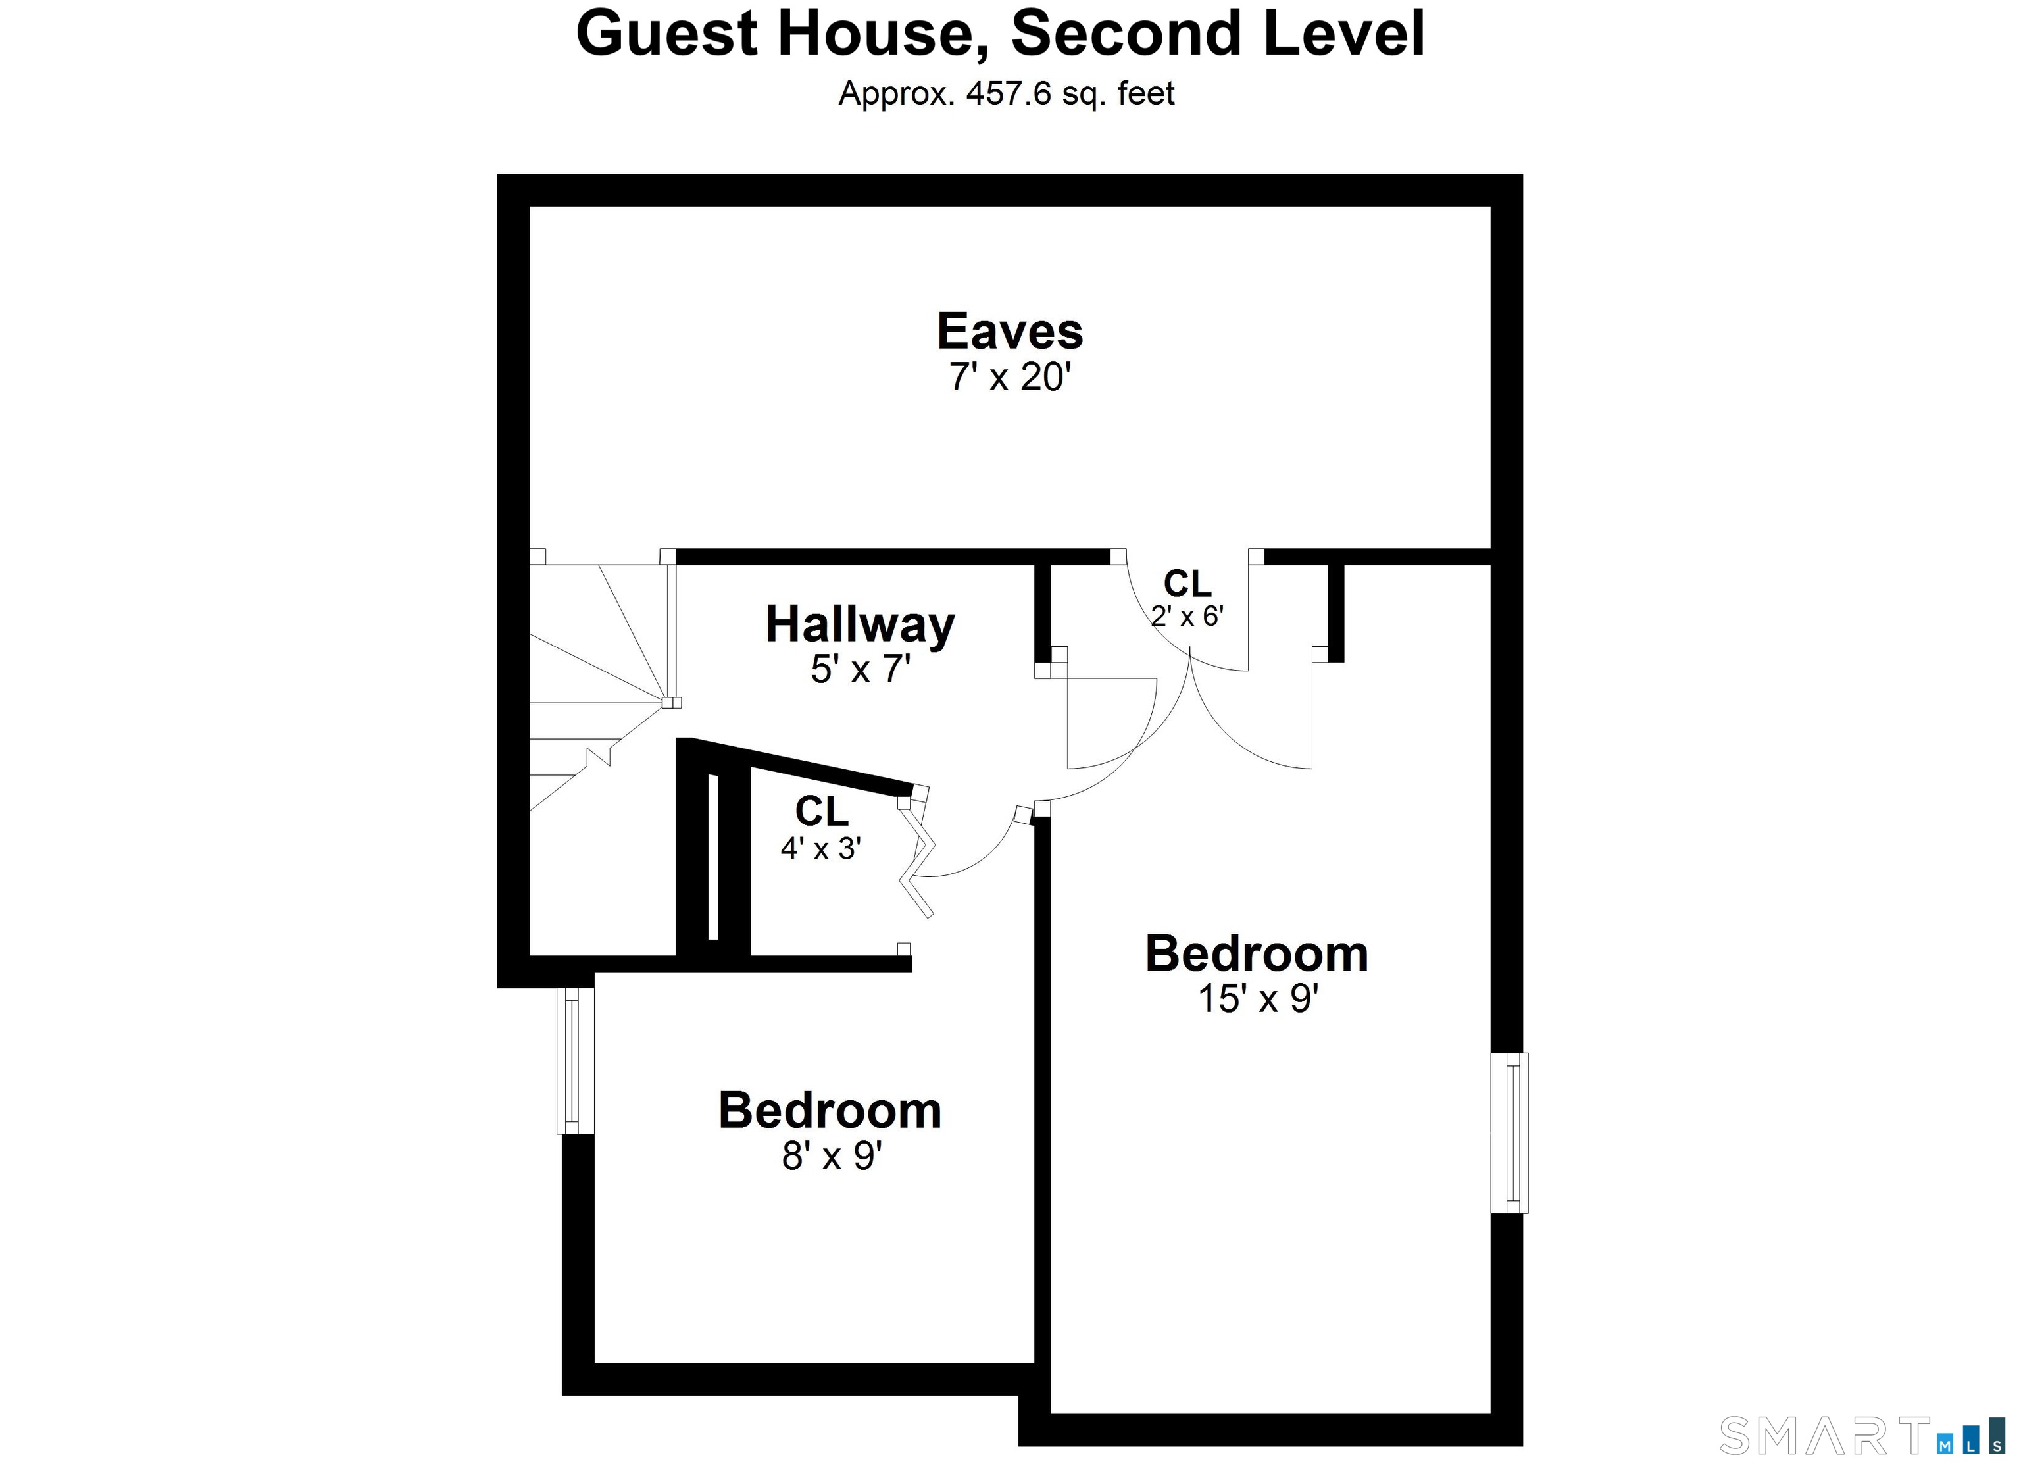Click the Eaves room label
[x=1010, y=332]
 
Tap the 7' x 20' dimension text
[x=1010, y=378]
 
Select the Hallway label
[x=860, y=625]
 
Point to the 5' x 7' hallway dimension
[x=861, y=669]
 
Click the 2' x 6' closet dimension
[x=1187, y=616]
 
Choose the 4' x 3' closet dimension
[x=820, y=849]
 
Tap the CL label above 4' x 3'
[x=822, y=811]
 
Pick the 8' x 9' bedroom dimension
[x=832, y=1156]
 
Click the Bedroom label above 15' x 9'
[x=1257, y=954]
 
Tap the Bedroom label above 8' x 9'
[x=830, y=1111]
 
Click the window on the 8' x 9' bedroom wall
[x=575, y=1061]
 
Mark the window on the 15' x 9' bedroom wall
[x=1510, y=1133]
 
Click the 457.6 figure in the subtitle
[x=1009, y=93]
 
